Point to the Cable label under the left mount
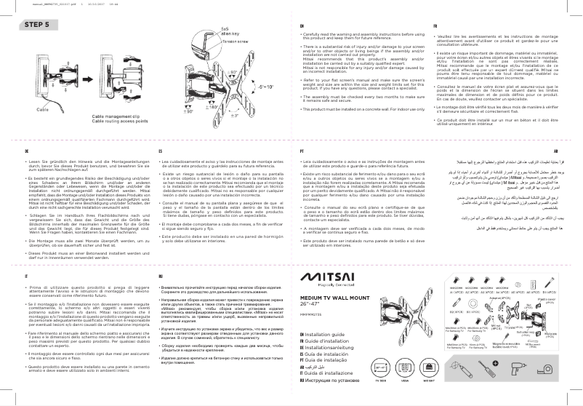[42, 108]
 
